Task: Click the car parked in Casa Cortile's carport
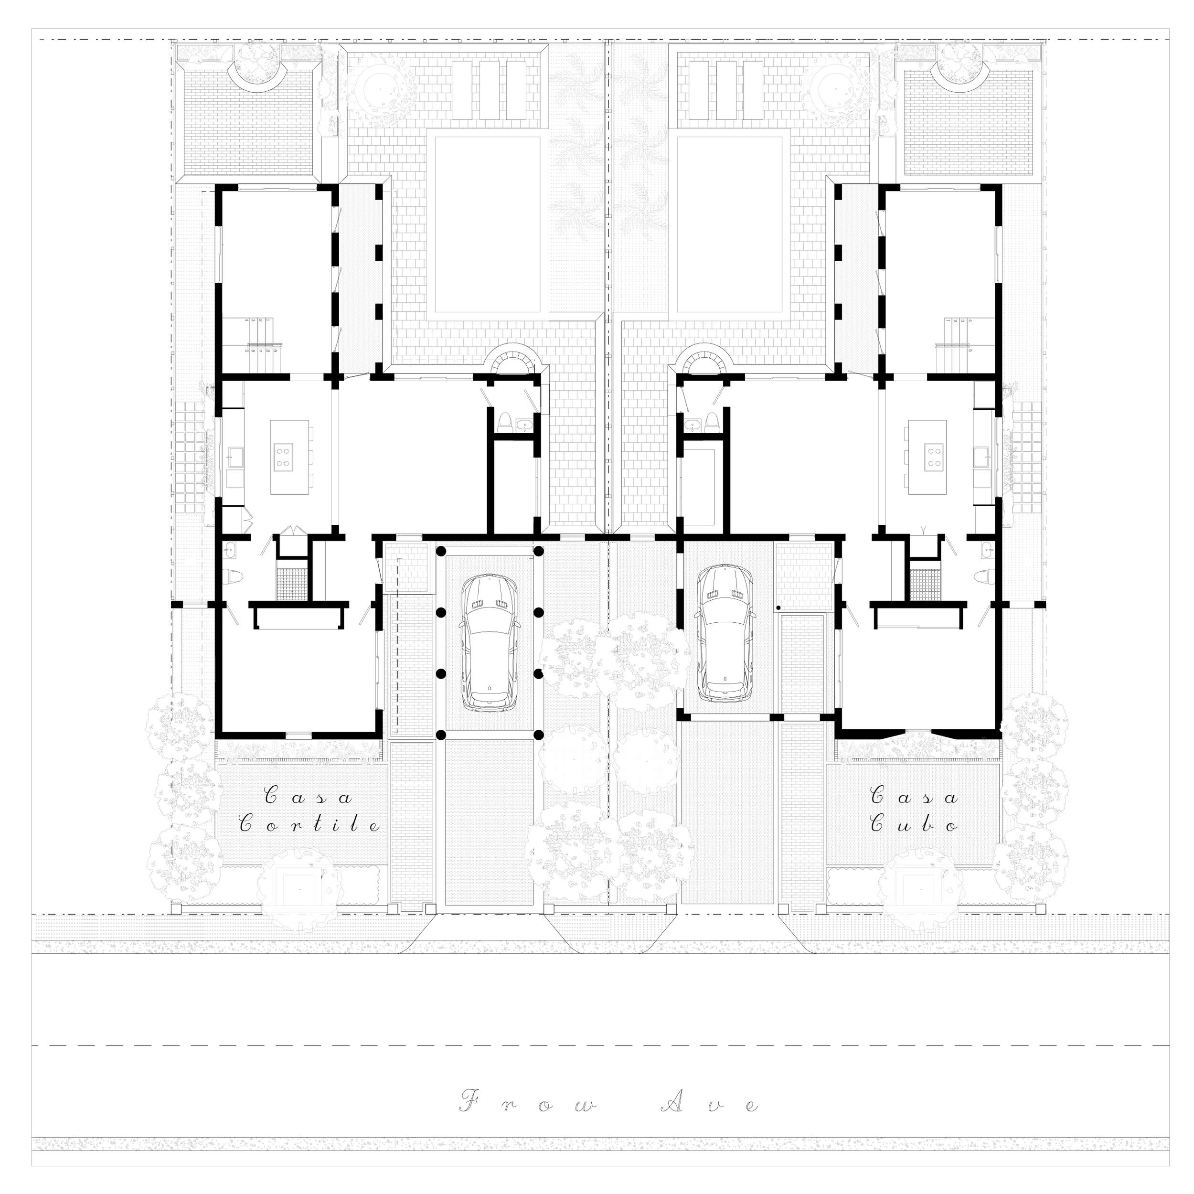(x=490, y=643)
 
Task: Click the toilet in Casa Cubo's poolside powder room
(x=712, y=422)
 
